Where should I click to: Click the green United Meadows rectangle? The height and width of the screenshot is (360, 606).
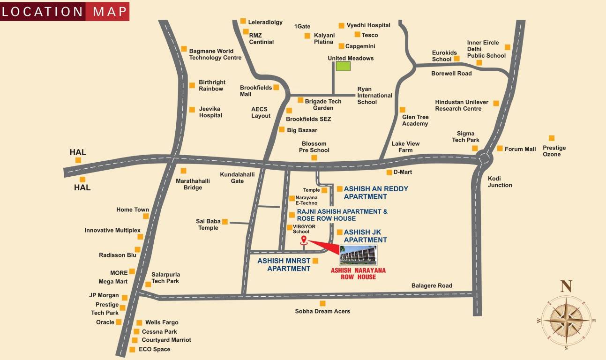[343, 66]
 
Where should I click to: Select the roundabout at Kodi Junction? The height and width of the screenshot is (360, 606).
[483, 159]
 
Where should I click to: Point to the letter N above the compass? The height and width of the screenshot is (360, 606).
[566, 285]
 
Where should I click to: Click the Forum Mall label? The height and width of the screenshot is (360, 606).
[520, 149]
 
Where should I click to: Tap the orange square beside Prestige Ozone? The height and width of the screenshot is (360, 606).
[551, 138]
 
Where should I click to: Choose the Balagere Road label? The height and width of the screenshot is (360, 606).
[432, 285]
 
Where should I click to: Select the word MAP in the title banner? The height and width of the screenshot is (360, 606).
[110, 12]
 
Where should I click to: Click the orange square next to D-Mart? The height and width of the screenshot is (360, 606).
[389, 172]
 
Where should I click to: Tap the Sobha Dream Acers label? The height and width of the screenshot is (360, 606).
[322, 311]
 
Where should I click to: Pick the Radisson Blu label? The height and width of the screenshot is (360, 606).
[118, 255]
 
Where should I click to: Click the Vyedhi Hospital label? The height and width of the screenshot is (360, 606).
[368, 25]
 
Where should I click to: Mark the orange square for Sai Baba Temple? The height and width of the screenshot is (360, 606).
[224, 221]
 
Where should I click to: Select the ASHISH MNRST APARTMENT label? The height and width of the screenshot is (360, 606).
[284, 265]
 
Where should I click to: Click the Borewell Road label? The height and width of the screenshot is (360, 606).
[451, 73]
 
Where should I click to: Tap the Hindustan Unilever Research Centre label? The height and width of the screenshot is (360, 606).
[461, 105]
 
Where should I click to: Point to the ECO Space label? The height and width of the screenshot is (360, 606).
[155, 349]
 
